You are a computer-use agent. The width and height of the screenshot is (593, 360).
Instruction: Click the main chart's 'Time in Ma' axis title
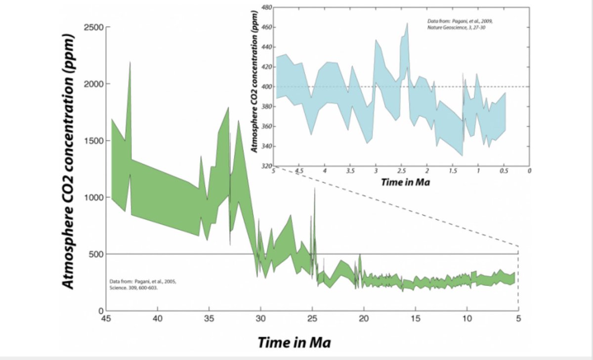[294, 342]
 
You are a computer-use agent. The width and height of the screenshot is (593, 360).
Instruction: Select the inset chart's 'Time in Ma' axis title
[405, 182]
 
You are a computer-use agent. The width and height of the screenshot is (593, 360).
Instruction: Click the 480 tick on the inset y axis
[266, 7]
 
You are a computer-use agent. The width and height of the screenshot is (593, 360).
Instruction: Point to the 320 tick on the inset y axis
[266, 166]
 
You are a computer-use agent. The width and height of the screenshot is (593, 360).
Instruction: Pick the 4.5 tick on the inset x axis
[299, 171]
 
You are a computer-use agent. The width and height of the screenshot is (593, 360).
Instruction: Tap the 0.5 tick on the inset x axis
[504, 171]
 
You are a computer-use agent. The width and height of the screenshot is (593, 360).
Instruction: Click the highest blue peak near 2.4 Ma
[407, 24]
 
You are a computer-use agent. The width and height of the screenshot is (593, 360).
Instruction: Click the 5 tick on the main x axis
[518, 319]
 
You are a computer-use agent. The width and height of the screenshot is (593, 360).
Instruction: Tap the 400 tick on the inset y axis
[266, 87]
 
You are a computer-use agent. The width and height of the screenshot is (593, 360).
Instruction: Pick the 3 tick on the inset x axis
[376, 171]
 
